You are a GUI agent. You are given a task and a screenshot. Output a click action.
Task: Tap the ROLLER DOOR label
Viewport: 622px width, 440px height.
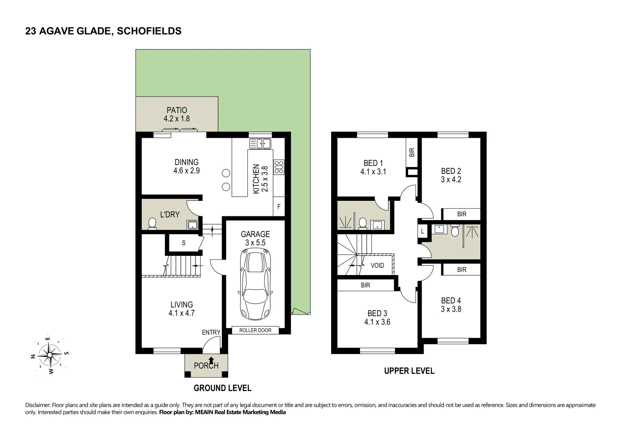(255, 330)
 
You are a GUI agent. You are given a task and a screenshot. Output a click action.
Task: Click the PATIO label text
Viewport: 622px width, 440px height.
(177, 110)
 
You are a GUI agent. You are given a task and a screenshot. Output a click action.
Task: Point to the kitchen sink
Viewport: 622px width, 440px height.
(260, 143)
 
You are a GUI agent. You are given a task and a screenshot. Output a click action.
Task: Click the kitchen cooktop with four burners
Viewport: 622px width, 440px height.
(279, 167)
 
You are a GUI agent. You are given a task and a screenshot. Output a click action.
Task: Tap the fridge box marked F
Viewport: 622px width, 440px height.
(279, 207)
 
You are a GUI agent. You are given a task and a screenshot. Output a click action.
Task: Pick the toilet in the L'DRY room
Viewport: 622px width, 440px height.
(152, 224)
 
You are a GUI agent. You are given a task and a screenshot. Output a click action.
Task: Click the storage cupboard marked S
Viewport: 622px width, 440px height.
(184, 243)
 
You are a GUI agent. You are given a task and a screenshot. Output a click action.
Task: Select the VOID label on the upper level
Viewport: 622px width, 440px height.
(377, 265)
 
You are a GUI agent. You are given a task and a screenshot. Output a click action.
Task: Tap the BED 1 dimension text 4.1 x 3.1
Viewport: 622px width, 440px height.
(373, 172)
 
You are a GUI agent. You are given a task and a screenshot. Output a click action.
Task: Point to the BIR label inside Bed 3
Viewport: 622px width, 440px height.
(365, 285)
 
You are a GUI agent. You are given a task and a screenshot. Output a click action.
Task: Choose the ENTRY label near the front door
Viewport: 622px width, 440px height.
(211, 332)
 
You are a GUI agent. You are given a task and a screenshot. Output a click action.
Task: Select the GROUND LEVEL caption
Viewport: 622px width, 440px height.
(222, 388)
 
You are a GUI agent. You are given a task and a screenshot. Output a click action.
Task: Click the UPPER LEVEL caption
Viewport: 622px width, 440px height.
(409, 371)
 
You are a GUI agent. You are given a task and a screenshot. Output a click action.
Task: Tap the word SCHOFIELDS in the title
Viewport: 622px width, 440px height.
(149, 31)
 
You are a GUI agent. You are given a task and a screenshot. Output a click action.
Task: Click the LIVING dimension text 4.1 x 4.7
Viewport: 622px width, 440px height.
(181, 313)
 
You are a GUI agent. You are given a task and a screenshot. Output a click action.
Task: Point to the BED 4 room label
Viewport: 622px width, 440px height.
(451, 300)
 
